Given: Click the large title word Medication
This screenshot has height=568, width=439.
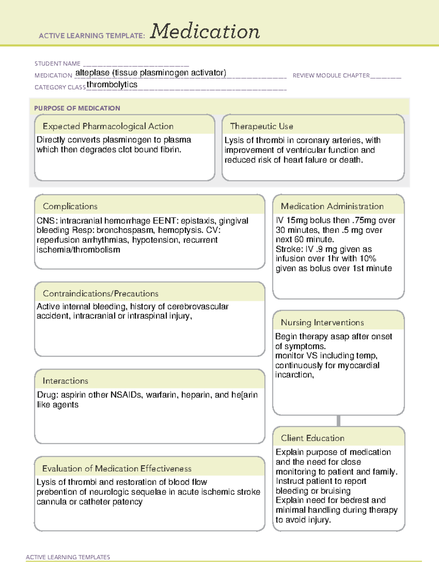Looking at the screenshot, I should tap(205, 31).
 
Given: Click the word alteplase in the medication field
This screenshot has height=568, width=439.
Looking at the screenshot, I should tap(92, 73).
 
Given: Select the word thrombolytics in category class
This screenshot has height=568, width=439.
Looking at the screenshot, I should tap(112, 84).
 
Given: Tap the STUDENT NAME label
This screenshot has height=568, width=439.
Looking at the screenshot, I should tap(57, 64).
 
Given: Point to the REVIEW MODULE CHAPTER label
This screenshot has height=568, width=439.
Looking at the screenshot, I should tap(331, 75).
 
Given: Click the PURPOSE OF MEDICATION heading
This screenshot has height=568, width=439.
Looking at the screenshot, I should tap(77, 108).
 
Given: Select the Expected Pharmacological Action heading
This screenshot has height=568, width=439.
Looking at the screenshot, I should tap(108, 126).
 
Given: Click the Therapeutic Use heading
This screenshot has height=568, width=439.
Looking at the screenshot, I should tap(262, 126).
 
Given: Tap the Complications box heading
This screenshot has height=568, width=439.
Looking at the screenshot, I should tap(70, 206).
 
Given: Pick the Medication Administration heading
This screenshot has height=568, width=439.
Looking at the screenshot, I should tap(332, 206).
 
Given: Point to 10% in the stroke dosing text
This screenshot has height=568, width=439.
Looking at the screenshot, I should tap(368, 259).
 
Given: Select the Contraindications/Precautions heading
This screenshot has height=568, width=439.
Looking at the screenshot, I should tap(101, 293).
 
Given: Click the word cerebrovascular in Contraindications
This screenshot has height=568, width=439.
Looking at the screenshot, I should tap(198, 306).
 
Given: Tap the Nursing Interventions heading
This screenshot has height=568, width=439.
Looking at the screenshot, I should tap(322, 322).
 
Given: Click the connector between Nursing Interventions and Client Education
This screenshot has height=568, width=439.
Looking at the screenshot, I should tap(338, 421).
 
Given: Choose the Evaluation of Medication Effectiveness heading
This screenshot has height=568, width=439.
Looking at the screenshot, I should tap(117, 469).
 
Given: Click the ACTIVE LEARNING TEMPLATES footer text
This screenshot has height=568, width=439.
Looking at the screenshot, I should tap(68, 557).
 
